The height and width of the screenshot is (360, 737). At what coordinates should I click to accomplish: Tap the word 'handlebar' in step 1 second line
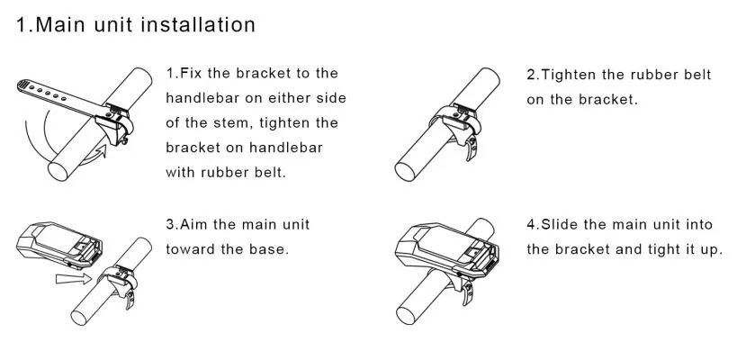pos(202,98)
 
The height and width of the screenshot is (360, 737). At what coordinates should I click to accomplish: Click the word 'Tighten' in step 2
pos(572,76)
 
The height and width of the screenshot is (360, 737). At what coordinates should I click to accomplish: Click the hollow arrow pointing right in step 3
pos(73,279)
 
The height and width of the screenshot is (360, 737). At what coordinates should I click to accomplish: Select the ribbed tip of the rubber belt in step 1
pos(23,85)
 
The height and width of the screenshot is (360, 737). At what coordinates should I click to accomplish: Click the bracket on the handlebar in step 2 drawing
pos(456,120)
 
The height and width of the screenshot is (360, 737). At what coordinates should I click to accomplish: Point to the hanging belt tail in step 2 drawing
pos(471,147)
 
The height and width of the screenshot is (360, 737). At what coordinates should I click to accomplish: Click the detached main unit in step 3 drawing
pos(59,244)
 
